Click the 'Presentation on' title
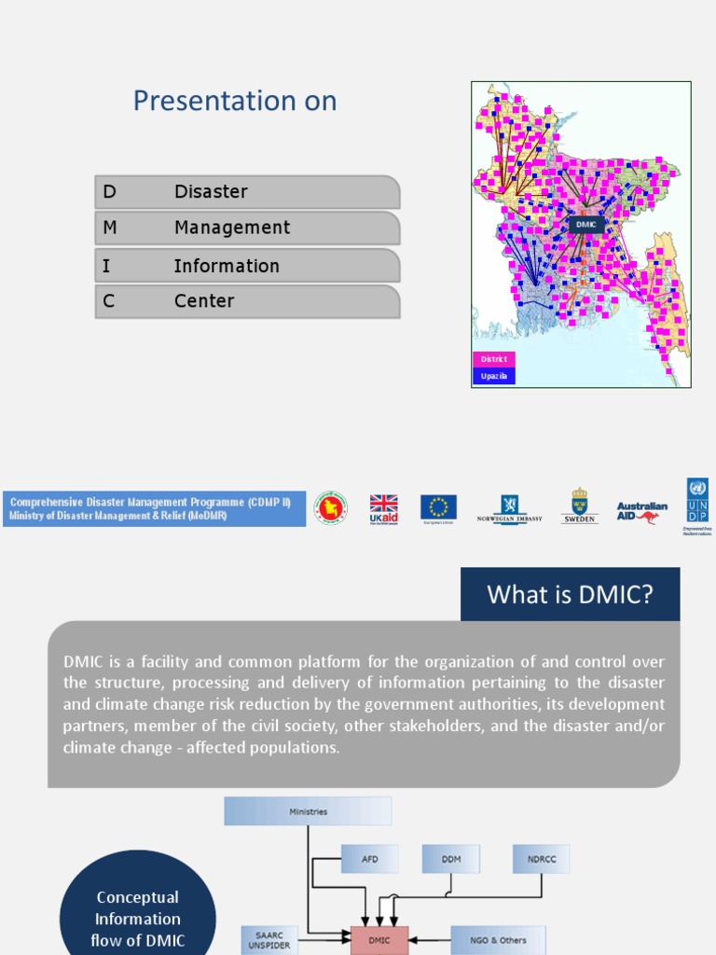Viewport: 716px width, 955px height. (235, 101)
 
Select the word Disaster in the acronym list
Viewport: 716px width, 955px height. (211, 192)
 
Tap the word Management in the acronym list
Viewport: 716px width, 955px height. (231, 228)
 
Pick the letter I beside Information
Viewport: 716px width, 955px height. (106, 266)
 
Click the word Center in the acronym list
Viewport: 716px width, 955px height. (204, 301)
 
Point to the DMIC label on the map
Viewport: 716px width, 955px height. (585, 225)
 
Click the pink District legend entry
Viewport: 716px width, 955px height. (494, 359)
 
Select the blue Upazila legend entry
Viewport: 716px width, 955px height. (494, 376)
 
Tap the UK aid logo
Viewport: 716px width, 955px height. (383, 508)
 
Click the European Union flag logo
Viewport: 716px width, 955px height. (438, 508)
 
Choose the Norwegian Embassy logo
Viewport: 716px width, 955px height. (509, 508)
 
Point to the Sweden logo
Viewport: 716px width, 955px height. (579, 506)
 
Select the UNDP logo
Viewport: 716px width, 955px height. (696, 505)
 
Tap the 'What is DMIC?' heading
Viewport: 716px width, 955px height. (570, 595)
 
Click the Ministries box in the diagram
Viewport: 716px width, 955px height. (308, 811)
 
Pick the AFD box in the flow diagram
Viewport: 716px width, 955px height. (369, 859)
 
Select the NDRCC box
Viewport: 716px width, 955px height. (541, 859)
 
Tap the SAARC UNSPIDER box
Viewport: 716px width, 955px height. (269, 940)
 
